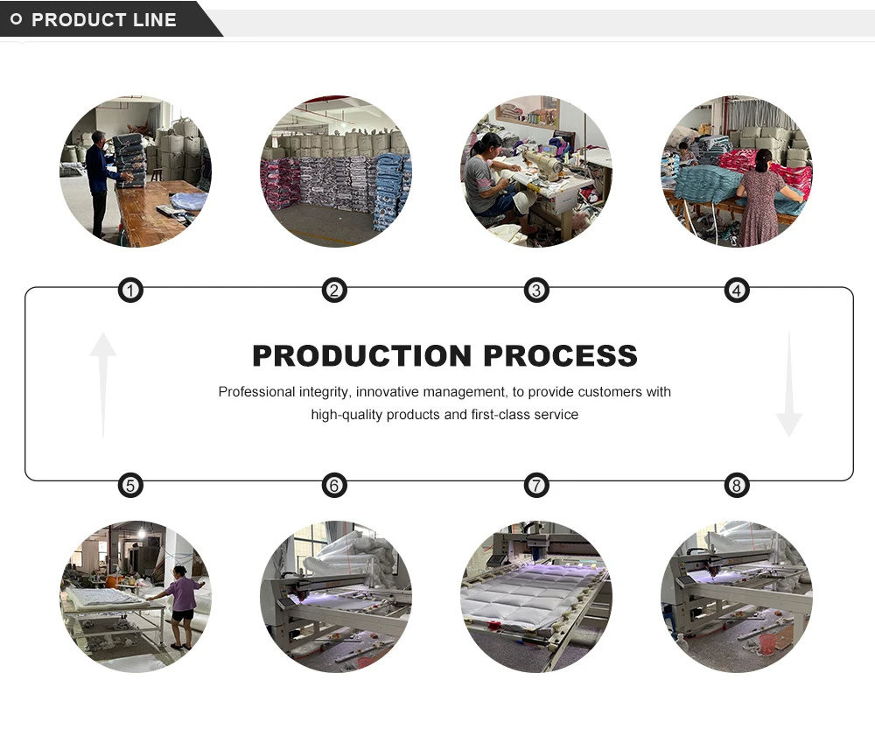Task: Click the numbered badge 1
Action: pos(130,291)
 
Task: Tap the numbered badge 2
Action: pos(334,291)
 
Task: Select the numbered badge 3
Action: pos(536,291)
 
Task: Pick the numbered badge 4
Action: pos(737,291)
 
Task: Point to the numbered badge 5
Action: pos(130,485)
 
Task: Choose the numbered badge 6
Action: pos(334,485)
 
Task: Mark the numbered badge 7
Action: pos(536,485)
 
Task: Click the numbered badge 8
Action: pos(737,485)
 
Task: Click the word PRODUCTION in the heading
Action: pos(362,356)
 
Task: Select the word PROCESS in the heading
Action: pos(560,356)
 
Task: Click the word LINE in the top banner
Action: pos(156,19)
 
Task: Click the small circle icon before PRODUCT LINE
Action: pos(16,19)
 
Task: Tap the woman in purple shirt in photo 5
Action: pos(183,604)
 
